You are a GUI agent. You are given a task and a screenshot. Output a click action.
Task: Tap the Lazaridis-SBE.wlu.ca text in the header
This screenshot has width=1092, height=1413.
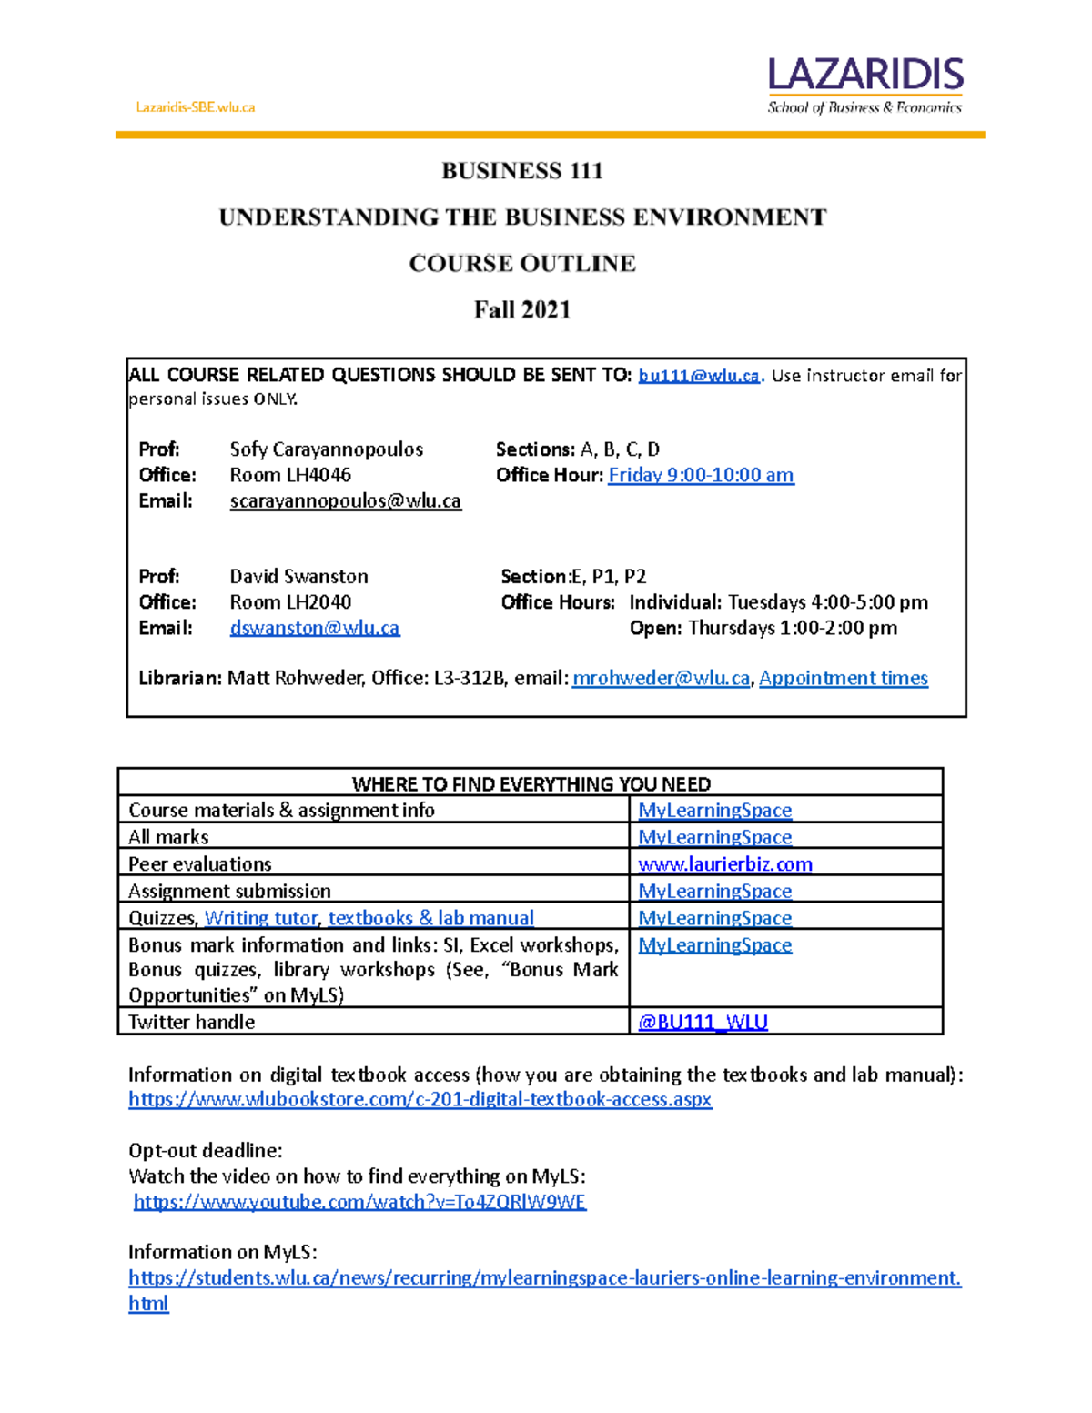[x=196, y=107]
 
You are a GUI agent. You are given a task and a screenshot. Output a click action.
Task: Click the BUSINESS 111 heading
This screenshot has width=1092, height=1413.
[x=522, y=171]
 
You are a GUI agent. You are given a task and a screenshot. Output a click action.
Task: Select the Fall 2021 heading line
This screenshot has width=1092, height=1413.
[x=522, y=310]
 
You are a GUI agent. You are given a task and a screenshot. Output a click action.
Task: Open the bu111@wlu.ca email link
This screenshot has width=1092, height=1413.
[x=699, y=376]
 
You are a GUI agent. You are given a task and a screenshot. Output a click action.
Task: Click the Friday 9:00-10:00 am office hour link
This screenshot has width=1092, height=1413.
[x=701, y=475]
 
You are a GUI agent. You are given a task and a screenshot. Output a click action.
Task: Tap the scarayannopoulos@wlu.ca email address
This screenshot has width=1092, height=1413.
[x=346, y=500]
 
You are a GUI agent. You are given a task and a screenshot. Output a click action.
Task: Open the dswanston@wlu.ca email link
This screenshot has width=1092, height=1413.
[x=315, y=628]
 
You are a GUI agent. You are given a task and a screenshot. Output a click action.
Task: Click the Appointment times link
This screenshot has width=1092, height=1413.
[x=844, y=678]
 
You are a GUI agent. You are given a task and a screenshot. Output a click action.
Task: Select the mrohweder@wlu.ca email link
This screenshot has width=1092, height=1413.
[x=662, y=678]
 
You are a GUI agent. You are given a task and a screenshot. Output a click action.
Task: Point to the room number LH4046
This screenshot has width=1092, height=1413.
[x=290, y=475]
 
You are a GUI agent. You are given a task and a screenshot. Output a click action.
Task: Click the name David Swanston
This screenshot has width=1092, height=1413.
[x=299, y=577]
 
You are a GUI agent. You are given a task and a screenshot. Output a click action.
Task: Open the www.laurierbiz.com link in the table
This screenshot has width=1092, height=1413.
[x=725, y=864]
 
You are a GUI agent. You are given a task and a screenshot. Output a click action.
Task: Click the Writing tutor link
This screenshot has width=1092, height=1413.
[x=261, y=918]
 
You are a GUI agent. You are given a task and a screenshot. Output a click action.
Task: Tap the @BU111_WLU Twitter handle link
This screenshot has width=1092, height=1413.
[x=703, y=1022]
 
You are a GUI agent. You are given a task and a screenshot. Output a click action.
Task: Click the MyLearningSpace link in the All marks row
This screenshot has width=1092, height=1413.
[x=715, y=837]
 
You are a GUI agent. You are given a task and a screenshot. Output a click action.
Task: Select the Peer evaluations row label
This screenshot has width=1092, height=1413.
[x=200, y=864]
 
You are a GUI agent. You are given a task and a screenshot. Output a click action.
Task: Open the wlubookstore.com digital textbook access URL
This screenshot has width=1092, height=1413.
[x=420, y=1099]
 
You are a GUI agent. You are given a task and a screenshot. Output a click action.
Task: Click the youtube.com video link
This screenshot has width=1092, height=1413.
[x=360, y=1202]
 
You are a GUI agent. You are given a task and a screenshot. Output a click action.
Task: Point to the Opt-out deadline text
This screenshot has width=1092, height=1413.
[x=206, y=1150]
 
